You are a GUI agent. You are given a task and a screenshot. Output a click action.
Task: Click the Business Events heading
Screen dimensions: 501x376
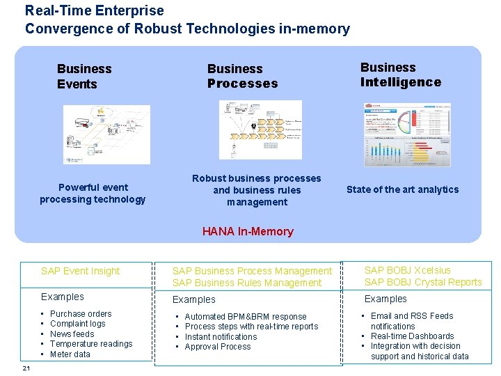pyautogui.click(x=84, y=76)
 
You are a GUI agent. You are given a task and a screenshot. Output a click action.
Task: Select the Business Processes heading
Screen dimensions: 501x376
pyautogui.click(x=242, y=76)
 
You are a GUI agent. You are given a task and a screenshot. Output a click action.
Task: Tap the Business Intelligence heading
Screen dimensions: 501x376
pyautogui.click(x=400, y=75)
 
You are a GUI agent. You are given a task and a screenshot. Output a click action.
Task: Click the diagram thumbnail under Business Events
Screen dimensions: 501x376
pyautogui.click(x=106, y=134)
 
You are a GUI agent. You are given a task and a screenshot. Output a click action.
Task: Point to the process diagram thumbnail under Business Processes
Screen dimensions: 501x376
pyautogui.click(x=260, y=130)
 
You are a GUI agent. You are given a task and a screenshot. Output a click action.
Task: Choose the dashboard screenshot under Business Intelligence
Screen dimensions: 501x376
pyautogui.click(x=407, y=135)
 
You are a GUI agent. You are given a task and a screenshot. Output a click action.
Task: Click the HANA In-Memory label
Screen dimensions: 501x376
pyautogui.click(x=248, y=231)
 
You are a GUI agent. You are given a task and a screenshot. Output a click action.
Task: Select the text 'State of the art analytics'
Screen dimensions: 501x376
pyautogui.click(x=402, y=189)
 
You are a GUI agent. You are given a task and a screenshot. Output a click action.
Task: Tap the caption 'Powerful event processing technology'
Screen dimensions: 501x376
pyautogui.click(x=93, y=193)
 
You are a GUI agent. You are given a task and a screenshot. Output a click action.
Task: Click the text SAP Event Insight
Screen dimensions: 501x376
pyautogui.click(x=80, y=271)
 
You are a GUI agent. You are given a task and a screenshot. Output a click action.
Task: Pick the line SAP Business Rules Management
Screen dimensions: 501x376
pyautogui.click(x=247, y=283)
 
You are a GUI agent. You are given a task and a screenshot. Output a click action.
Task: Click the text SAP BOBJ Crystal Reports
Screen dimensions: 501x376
pyautogui.click(x=423, y=282)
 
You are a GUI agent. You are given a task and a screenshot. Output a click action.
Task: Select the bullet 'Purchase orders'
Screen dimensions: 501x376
pyautogui.click(x=81, y=314)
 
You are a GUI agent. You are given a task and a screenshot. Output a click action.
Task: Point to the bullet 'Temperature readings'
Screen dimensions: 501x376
pyautogui.click(x=91, y=344)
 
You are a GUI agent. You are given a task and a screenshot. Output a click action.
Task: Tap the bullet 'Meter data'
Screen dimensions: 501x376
pyautogui.click(x=70, y=354)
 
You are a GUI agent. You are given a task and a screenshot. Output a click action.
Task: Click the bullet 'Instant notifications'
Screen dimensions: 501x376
pyautogui.click(x=221, y=336)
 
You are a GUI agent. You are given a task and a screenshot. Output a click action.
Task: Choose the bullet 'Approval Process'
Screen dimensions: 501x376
pyautogui.click(x=218, y=346)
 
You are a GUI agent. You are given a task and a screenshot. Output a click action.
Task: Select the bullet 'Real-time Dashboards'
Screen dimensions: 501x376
pyautogui.click(x=412, y=336)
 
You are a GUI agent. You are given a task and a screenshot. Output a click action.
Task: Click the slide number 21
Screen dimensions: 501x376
pyautogui.click(x=26, y=368)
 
